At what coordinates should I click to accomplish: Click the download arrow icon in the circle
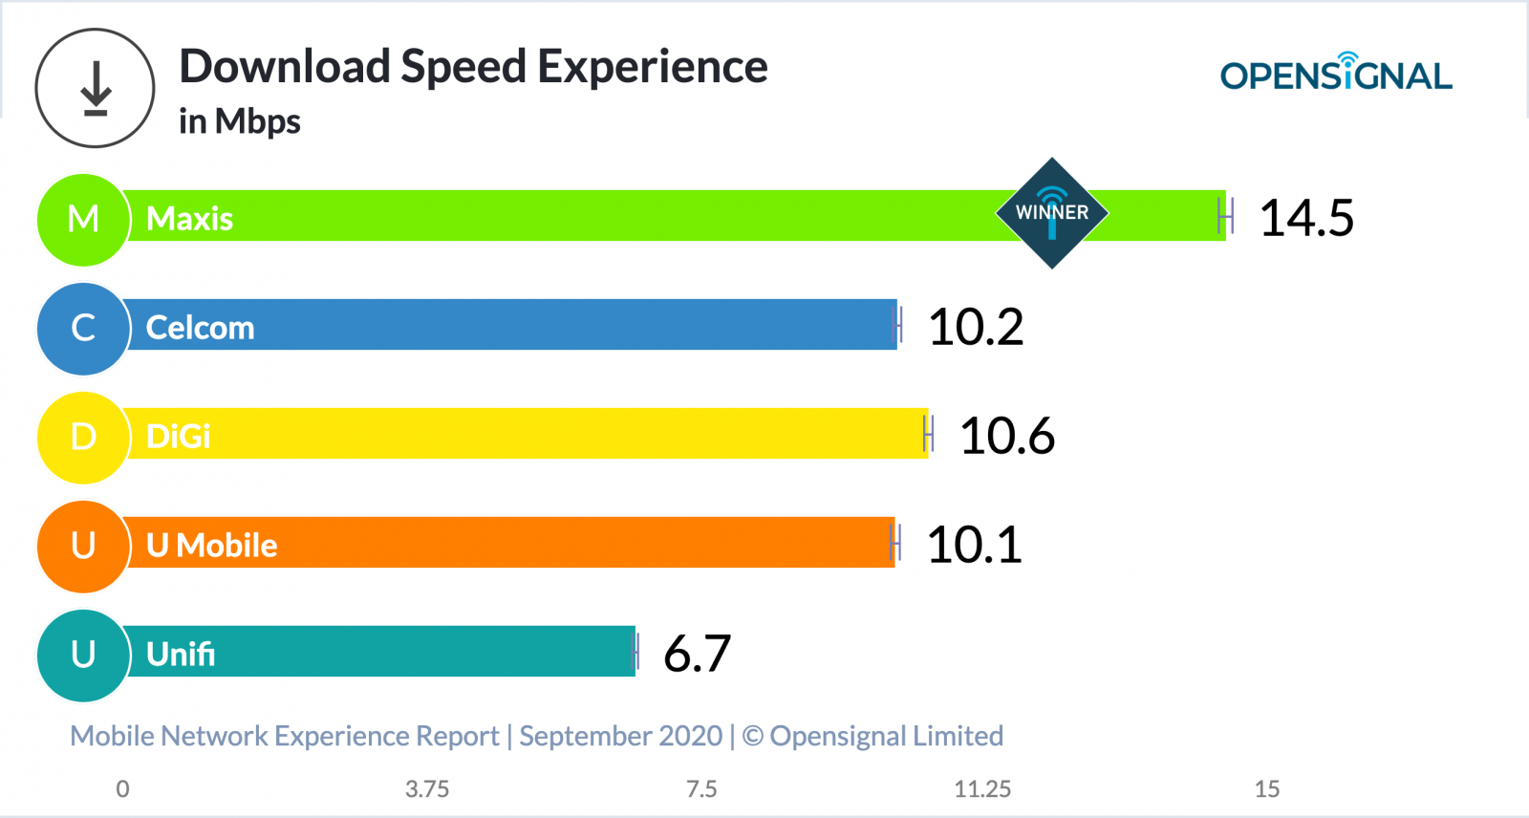click(x=95, y=88)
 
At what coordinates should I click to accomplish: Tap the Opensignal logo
click(x=1335, y=74)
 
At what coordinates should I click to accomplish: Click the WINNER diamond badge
click(x=1051, y=213)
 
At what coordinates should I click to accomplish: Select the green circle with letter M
click(x=83, y=219)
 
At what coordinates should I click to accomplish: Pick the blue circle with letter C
click(x=83, y=328)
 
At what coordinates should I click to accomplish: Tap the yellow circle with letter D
click(x=83, y=437)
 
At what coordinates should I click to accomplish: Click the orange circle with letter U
click(x=83, y=546)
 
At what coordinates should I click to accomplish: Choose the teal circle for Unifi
click(x=83, y=655)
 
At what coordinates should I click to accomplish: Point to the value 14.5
click(x=1305, y=218)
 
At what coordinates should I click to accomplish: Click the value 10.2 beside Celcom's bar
click(x=975, y=327)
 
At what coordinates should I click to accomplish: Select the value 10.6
click(x=1006, y=436)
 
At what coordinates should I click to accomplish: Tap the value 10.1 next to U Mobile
click(x=974, y=545)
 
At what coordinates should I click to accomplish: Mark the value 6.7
click(x=697, y=654)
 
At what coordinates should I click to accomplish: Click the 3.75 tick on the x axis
click(x=426, y=789)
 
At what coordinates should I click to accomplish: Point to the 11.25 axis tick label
click(x=981, y=789)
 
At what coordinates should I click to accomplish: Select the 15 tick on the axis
click(x=1266, y=789)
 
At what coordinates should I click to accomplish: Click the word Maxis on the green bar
click(x=189, y=219)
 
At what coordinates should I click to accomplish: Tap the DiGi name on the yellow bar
click(x=178, y=437)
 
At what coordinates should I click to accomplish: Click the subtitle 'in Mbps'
click(x=239, y=122)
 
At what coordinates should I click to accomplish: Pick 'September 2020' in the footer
click(x=620, y=736)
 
